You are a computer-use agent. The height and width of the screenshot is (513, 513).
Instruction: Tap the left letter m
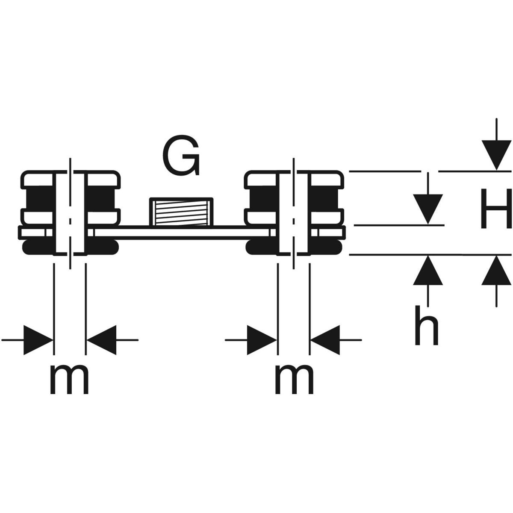[69, 380]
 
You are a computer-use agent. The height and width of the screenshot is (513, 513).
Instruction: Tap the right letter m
[294, 380]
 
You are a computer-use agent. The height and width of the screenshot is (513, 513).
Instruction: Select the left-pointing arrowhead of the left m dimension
[102, 340]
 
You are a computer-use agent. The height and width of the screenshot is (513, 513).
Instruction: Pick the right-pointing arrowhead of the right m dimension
[262, 340]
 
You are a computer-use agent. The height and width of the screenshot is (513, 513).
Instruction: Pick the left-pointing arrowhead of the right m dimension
[325, 340]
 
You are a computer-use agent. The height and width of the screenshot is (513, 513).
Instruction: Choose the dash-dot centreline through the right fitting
[293, 214]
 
